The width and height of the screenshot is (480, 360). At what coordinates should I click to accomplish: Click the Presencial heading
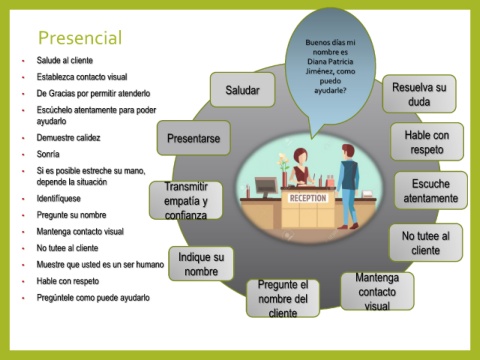click(x=80, y=38)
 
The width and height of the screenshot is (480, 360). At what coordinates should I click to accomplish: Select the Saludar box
click(x=243, y=90)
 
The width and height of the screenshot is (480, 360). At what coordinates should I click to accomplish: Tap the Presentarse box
click(x=194, y=138)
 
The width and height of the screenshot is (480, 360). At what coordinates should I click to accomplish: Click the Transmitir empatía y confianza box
click(x=186, y=200)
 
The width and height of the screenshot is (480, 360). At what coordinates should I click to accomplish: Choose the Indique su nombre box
click(x=201, y=264)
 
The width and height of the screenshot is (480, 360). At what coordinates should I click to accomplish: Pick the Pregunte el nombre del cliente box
click(x=283, y=298)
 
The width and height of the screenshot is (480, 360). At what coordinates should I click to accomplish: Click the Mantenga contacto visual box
click(x=377, y=291)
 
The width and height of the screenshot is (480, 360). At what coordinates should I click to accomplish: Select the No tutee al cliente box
click(x=426, y=243)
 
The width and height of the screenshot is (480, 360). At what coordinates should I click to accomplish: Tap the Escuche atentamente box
click(x=431, y=191)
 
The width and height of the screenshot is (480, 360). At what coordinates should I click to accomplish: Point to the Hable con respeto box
click(x=427, y=142)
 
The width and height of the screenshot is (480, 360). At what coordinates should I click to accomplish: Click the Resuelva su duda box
click(x=419, y=94)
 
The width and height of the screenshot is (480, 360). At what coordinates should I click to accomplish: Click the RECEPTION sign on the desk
click(x=308, y=198)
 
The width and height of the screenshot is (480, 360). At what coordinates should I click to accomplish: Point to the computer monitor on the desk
click(x=266, y=187)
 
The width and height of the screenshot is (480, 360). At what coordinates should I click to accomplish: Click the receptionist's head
click(x=300, y=157)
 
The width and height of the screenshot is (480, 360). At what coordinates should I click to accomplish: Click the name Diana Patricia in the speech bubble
click(x=330, y=62)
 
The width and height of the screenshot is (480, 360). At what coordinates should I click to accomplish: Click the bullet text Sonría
click(x=48, y=154)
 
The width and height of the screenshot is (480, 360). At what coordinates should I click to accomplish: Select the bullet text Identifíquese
click(x=59, y=199)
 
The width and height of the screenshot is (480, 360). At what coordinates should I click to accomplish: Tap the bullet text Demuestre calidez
click(x=68, y=138)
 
